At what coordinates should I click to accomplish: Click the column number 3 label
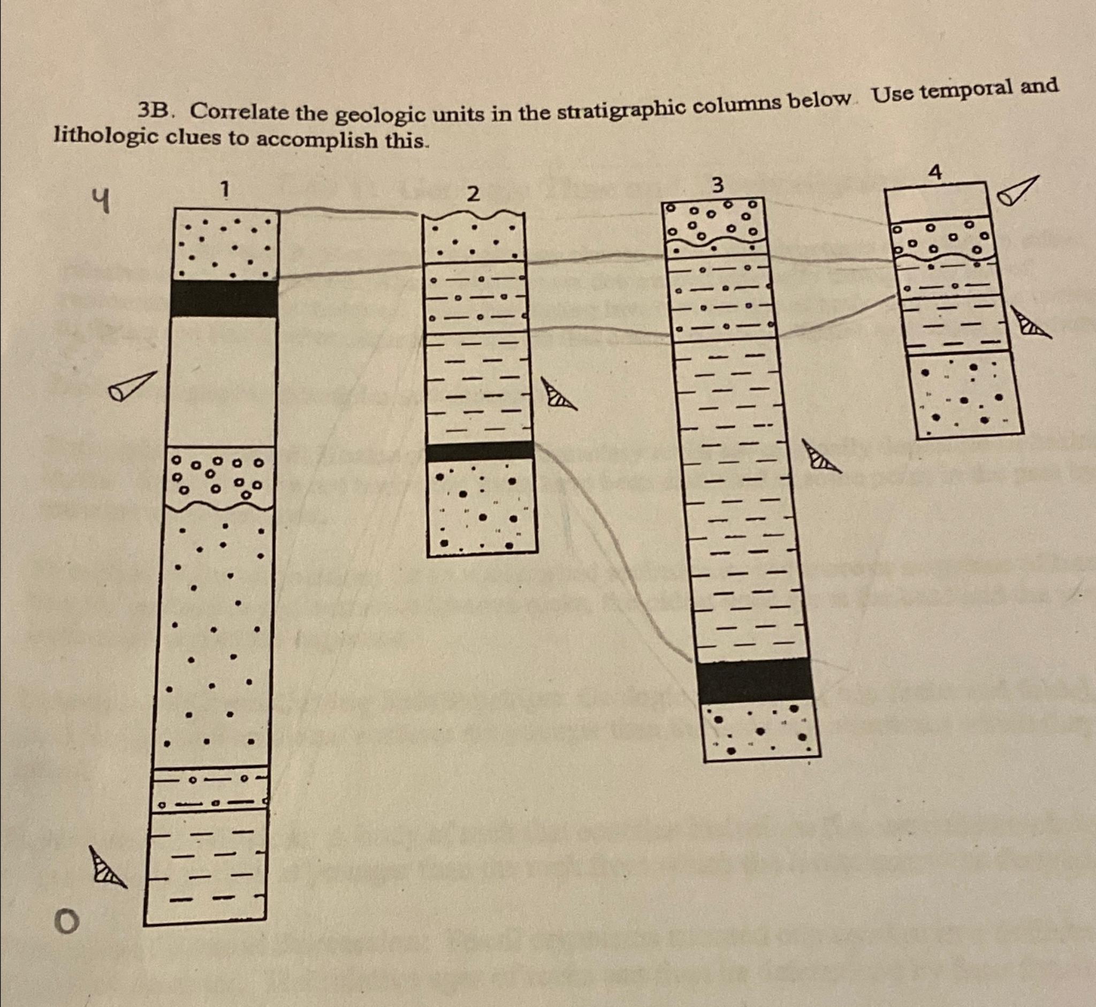[718, 186]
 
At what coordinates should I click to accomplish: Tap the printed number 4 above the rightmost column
[935, 173]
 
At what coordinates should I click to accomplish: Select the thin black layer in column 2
[479, 451]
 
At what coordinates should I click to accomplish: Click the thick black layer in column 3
[755, 681]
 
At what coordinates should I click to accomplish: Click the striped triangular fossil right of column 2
[558, 395]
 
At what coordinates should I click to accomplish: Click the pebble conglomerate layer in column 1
[220, 478]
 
